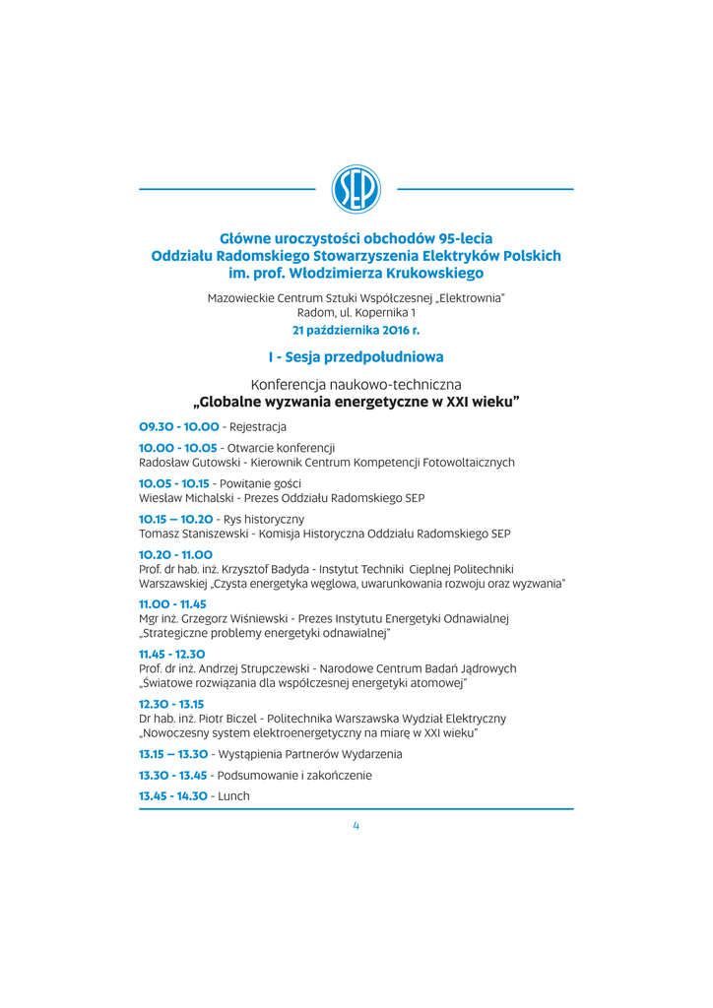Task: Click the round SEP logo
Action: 356,189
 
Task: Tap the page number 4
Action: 356,826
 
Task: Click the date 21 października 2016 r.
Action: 356,331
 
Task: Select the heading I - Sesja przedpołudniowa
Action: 356,356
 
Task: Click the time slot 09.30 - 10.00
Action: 178,426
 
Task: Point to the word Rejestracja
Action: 257,426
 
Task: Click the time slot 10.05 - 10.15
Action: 173,483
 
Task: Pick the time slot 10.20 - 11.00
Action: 175,555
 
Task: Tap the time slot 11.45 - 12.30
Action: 172,654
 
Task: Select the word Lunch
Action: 233,795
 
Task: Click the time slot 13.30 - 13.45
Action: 172,775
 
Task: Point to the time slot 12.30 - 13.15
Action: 171,704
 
